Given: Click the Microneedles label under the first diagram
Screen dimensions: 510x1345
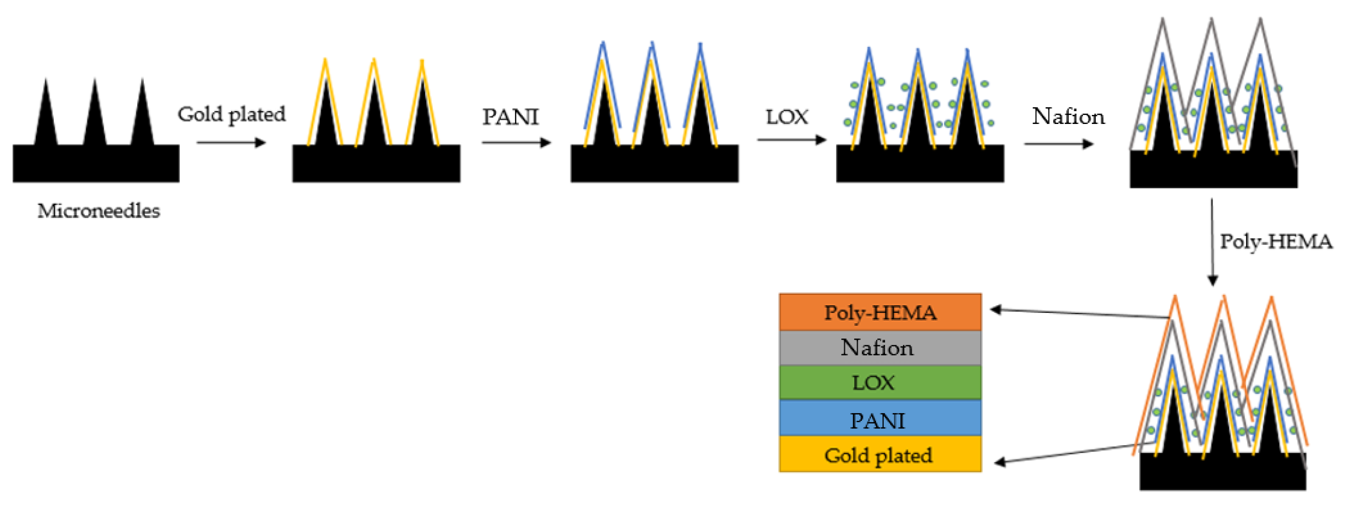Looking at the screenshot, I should click(x=99, y=211).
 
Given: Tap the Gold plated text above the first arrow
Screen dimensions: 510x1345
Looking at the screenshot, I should click(x=231, y=114).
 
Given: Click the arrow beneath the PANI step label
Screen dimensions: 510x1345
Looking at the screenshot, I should click(x=516, y=142).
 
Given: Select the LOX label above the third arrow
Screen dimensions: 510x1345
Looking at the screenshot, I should click(x=787, y=117).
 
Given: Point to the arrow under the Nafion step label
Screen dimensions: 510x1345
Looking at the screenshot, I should click(x=1058, y=144).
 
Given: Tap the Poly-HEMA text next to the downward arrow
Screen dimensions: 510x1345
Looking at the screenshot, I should click(x=1276, y=242).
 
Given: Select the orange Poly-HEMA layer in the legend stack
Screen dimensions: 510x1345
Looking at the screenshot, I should click(x=880, y=312).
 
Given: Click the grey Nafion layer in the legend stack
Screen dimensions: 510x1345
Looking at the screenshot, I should click(x=880, y=348).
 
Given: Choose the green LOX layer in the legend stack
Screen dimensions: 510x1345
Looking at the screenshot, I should click(x=880, y=383).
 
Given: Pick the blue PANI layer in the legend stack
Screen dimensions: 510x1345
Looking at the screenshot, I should click(x=880, y=419).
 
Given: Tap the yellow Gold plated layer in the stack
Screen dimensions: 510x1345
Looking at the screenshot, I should click(x=880, y=454).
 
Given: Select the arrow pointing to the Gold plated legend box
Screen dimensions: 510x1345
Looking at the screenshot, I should click(x=1076, y=453).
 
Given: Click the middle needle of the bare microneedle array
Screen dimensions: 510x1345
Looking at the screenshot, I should click(x=95, y=115).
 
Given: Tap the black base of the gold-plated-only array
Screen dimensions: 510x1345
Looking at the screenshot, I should click(x=376, y=164).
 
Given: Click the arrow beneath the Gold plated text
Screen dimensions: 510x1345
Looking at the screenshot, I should click(x=231, y=142).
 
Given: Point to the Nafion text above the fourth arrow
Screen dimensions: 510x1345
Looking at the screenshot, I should click(x=1068, y=116).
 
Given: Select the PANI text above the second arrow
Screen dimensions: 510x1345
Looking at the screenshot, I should click(x=510, y=117).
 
